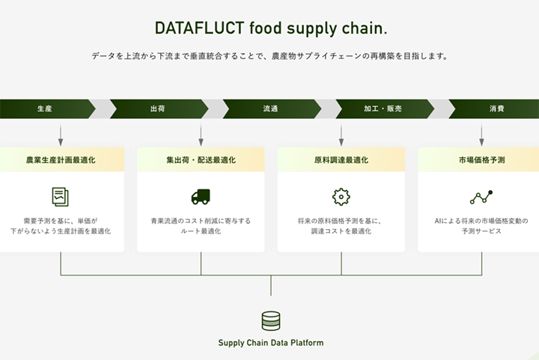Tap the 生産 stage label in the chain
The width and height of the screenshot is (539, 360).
pyautogui.click(x=45, y=109)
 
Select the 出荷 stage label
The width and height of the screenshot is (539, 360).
pyautogui.click(x=157, y=109)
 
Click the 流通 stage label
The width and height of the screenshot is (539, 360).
pyautogui.click(x=270, y=109)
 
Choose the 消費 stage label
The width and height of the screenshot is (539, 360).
pyautogui.click(x=496, y=109)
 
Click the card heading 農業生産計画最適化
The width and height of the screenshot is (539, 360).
pyautogui.click(x=61, y=160)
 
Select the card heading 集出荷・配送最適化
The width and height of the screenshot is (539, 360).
pyautogui.click(x=201, y=160)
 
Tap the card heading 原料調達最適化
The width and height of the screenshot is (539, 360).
pyautogui.click(x=341, y=160)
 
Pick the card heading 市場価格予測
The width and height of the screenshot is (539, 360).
pyautogui.click(x=481, y=160)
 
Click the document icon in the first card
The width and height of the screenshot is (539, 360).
pyautogui.click(x=61, y=197)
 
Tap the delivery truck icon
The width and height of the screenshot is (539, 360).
pyautogui.click(x=201, y=197)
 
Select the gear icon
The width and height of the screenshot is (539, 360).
pyautogui.click(x=341, y=197)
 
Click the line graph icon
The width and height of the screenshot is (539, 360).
pyautogui.click(x=481, y=197)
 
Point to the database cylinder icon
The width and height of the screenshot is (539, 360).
pyautogui.click(x=271, y=321)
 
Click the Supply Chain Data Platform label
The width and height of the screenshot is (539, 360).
pyautogui.click(x=271, y=343)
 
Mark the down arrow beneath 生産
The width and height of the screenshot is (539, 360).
pyautogui.click(x=61, y=135)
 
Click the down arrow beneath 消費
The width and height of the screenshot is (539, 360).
pyautogui.click(x=481, y=135)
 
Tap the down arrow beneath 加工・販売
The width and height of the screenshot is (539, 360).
pyautogui.click(x=341, y=135)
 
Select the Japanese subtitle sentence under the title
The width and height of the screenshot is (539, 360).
pyautogui.click(x=269, y=57)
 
